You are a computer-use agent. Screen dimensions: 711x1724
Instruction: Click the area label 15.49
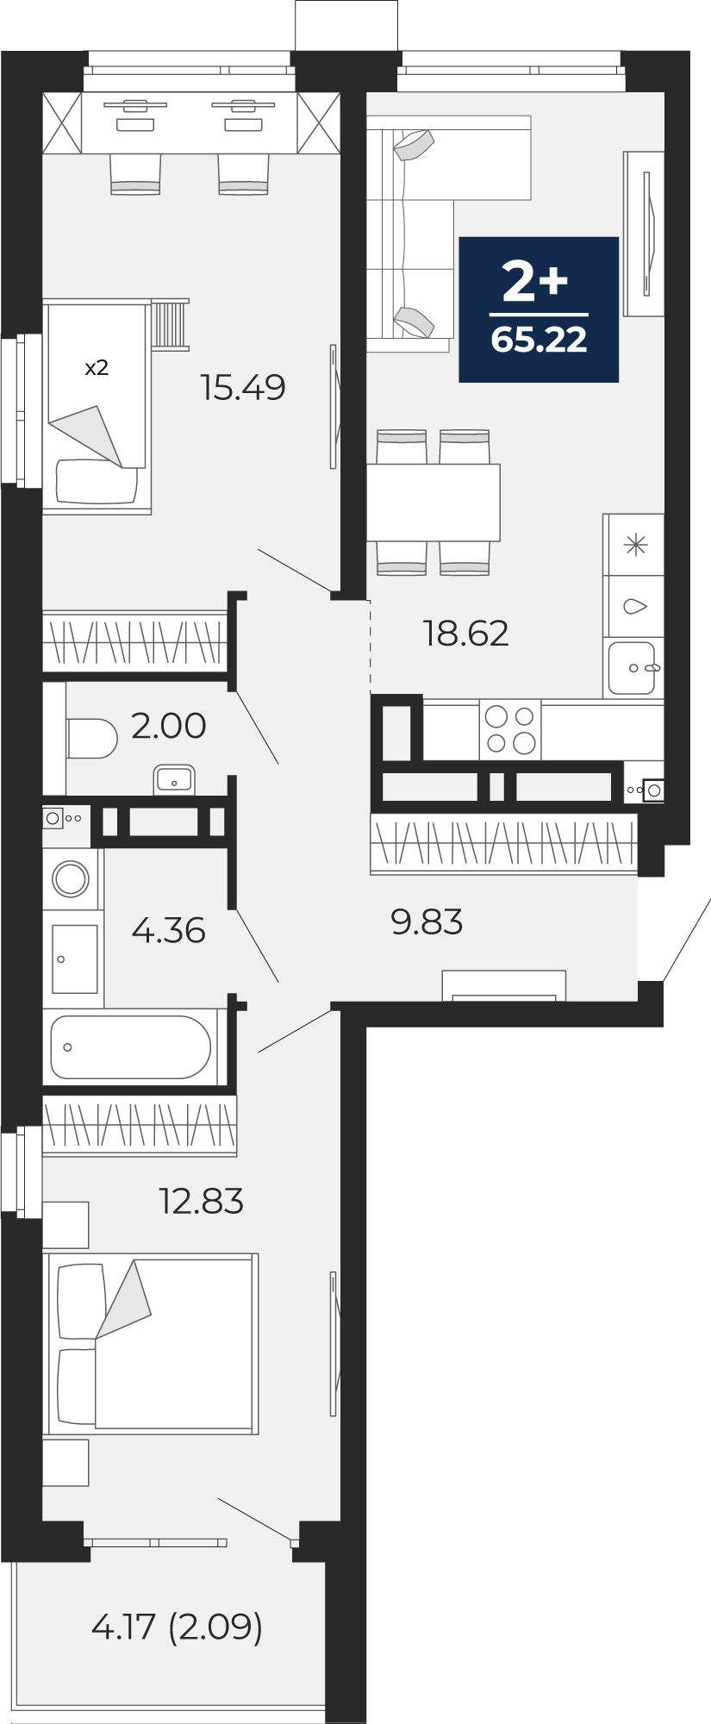point(242,388)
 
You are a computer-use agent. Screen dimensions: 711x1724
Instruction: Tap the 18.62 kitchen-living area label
point(465,634)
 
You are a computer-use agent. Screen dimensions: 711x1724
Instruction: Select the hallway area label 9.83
point(427,922)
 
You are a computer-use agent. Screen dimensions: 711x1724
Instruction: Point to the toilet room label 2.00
point(169,726)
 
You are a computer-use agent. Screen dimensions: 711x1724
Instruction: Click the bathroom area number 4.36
point(168,931)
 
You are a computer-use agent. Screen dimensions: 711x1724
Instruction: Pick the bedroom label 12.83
point(201,1201)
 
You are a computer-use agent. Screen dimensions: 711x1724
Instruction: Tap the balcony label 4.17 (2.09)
point(177,1627)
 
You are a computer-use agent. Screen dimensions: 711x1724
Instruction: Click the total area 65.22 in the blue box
point(539,340)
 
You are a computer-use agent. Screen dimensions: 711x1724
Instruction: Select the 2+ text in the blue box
point(535,282)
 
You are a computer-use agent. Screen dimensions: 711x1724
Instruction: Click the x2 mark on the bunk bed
point(97,368)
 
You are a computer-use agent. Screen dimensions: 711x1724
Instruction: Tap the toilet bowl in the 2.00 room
point(91,739)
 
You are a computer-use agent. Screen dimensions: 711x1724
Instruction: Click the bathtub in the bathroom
point(130,1046)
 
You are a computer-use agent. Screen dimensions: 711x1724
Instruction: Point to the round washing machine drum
point(71,879)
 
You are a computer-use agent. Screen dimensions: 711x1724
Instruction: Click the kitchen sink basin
point(632,668)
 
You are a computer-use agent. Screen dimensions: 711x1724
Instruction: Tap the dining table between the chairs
point(433,502)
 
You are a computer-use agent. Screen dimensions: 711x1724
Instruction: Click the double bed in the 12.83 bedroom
point(152,1344)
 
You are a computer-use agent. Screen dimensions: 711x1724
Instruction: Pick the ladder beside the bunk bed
point(170,324)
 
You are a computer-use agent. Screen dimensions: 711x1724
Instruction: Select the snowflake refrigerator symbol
point(635,545)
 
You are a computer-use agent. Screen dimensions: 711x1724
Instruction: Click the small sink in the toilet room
point(174,780)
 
